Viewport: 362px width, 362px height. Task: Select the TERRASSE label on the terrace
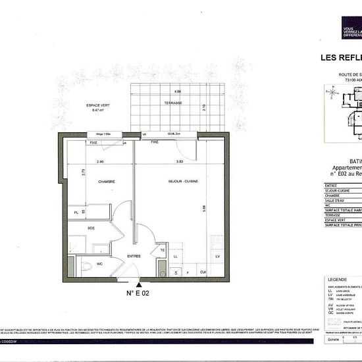pos(174,103)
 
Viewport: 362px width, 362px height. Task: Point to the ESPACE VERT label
pos(99,107)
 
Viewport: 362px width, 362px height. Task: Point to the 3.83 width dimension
pos(178,161)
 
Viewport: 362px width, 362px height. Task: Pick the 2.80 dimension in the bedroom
pos(101,161)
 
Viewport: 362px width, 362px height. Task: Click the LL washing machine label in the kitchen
pos(175,255)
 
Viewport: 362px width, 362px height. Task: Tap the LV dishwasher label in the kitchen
pos(217,255)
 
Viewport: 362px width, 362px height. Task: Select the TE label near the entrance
pos(162,250)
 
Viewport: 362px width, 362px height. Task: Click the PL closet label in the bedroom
pos(77,212)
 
